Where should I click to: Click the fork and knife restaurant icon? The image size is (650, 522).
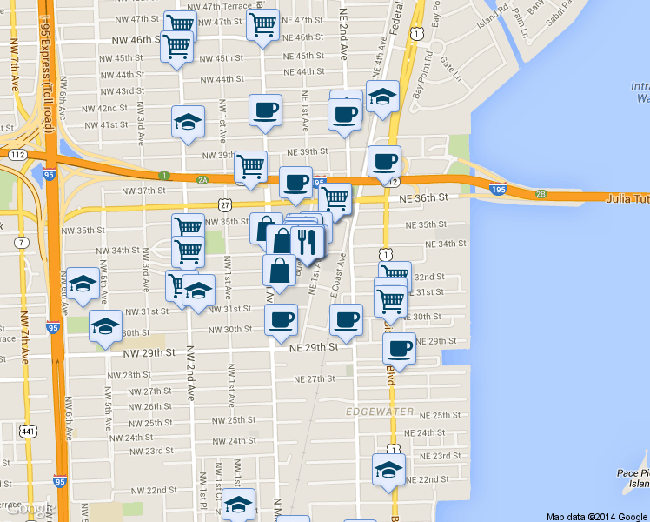coord(307,239)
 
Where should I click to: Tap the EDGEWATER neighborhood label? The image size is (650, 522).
coord(379,411)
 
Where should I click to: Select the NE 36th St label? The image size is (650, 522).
coord(424,197)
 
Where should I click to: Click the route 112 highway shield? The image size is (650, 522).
coord(17,154)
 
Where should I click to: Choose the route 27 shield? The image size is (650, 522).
coord(225,204)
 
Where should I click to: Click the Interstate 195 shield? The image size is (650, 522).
coord(498,189)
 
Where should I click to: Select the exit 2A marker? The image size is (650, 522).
coord(202,180)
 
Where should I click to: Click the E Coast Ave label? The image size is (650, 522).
coord(337,277)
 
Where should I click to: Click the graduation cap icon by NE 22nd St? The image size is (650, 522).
coord(388,470)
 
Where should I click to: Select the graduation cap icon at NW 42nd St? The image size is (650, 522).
coord(188,123)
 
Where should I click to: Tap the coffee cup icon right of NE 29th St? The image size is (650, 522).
coord(399,348)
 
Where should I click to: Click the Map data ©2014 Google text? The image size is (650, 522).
coord(597,516)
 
